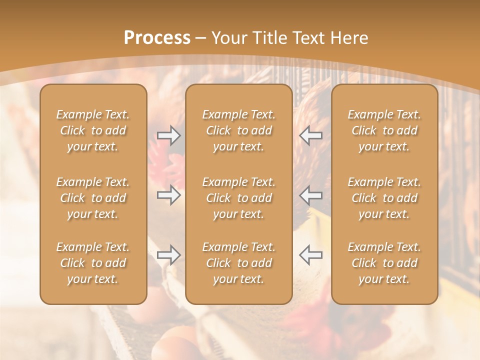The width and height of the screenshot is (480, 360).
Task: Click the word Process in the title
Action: click(157, 38)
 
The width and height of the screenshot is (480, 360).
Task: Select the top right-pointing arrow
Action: click(168, 135)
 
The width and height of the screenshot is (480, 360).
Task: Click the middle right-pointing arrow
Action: click(168, 194)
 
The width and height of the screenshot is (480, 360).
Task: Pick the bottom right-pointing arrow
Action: click(168, 255)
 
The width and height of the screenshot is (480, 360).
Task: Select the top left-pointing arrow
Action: click(310, 135)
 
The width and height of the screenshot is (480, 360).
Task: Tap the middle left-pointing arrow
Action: click(310, 194)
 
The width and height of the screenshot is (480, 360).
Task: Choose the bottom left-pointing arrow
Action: click(310, 255)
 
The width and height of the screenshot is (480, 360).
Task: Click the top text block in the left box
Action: click(93, 130)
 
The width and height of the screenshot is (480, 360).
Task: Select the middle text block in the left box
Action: click(93, 198)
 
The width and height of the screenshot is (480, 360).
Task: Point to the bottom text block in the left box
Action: click(93, 263)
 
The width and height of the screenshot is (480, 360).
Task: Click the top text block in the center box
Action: click(239, 130)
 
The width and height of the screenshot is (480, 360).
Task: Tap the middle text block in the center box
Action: click(239, 198)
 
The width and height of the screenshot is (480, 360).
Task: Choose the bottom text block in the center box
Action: click(239, 263)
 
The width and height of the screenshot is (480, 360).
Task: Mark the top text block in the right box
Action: click(384, 130)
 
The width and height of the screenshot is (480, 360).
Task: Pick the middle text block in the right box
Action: click(384, 198)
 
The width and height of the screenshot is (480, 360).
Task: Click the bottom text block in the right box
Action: click(384, 263)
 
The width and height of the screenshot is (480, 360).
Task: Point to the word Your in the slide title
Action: click(228, 38)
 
